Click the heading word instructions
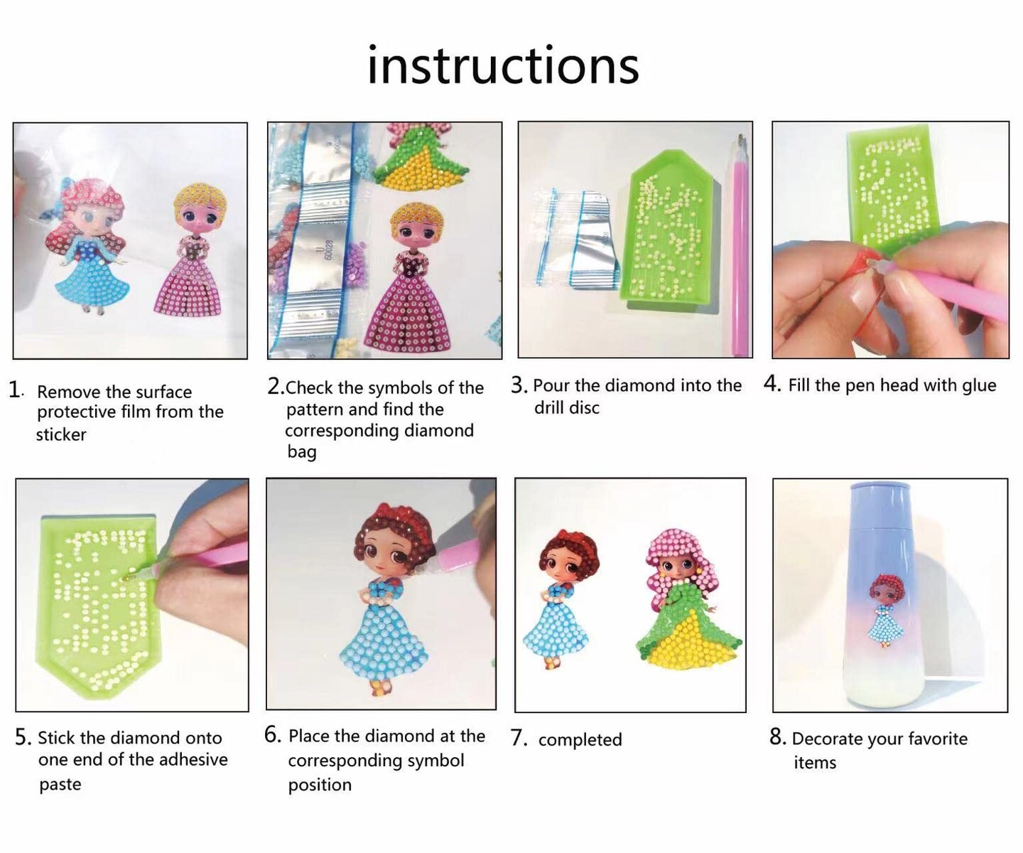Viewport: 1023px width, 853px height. pos(503,65)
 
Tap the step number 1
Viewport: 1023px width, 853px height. pos(14,390)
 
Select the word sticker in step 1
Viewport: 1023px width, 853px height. pos(61,434)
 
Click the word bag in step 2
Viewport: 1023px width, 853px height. pos(302,452)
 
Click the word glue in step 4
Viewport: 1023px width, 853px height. pos(978,386)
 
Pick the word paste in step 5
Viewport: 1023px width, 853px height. pos(60,784)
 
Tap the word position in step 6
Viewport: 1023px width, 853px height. pos(320,785)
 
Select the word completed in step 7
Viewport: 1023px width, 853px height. pos(580,739)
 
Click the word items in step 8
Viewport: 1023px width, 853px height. pos(815,763)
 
